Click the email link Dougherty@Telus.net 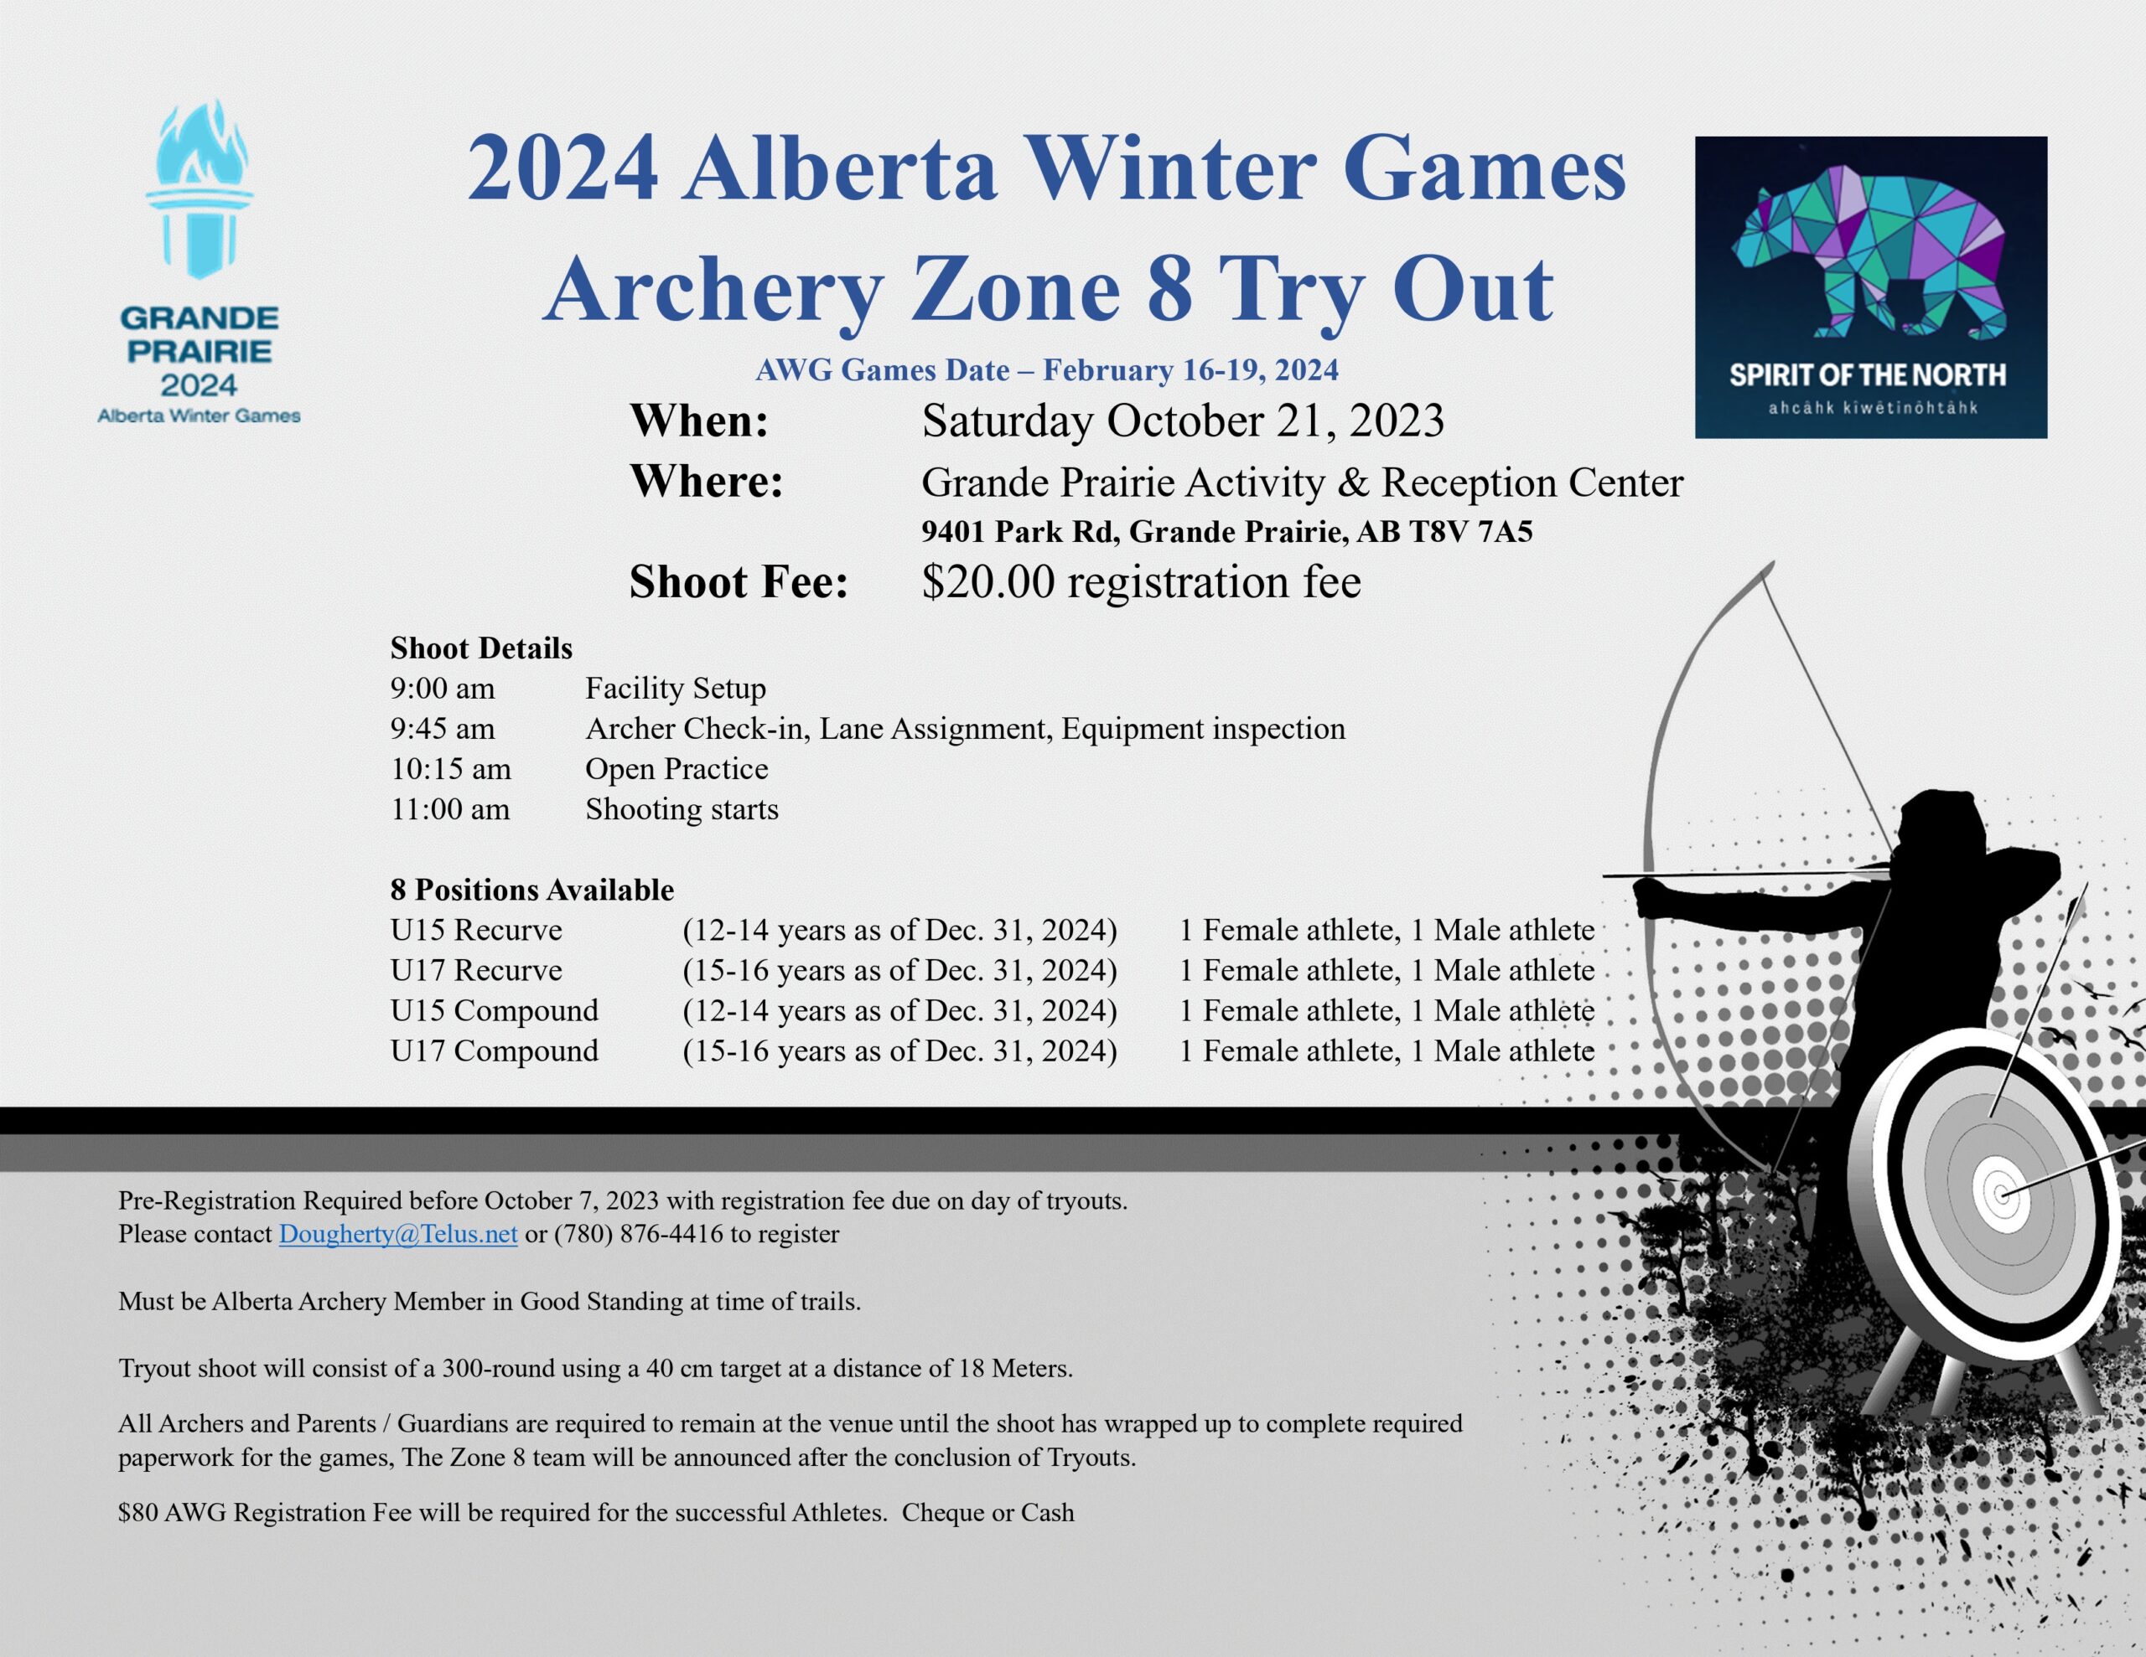point(398,1234)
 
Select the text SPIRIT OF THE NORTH point(1868,375)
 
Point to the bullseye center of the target point(2002,1195)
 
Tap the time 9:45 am point(442,729)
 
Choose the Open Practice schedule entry point(677,769)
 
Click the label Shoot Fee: point(739,581)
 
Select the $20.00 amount point(987,581)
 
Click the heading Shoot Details point(481,648)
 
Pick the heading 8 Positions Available point(532,890)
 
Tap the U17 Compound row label point(495,1051)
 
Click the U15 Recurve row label point(476,930)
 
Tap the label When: point(700,421)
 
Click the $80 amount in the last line point(137,1513)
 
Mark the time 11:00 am point(450,809)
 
